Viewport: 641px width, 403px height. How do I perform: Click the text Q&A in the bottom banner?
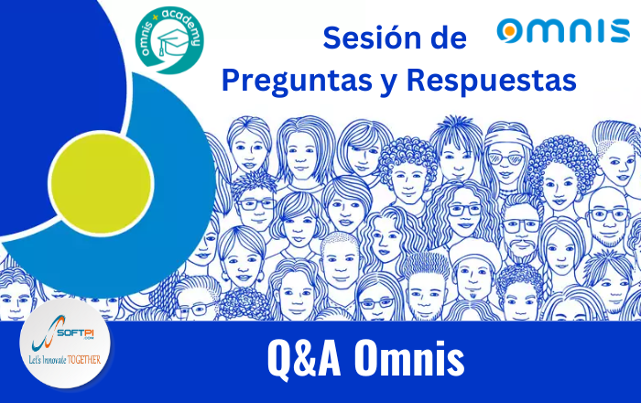306,360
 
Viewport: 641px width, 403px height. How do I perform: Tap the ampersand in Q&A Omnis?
306,360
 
